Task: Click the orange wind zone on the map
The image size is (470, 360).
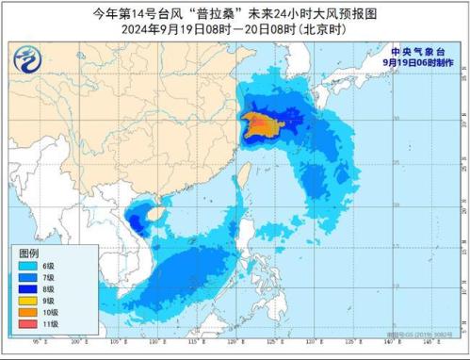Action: (256, 123)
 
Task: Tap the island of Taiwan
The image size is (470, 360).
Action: (239, 176)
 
